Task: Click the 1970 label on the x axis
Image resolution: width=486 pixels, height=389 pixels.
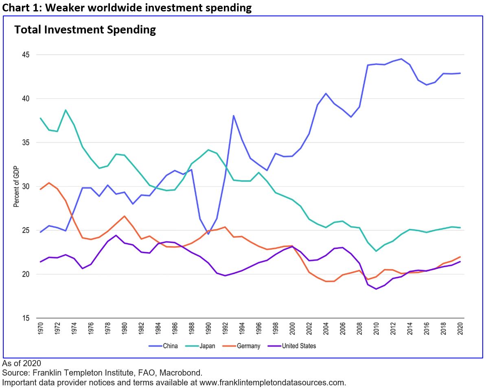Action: [x=40, y=327]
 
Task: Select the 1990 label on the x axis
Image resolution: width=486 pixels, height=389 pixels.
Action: [x=208, y=327]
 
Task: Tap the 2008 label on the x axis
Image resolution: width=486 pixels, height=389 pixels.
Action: [x=359, y=327]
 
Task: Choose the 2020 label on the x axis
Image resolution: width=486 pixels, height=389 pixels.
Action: [x=460, y=327]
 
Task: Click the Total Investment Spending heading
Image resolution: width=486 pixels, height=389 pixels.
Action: [x=85, y=30]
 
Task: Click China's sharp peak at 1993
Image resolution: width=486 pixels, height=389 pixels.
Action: [x=233, y=115]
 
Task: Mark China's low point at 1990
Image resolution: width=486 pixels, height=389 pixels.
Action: [x=208, y=234]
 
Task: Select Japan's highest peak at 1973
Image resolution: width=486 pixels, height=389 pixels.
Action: [x=66, y=110]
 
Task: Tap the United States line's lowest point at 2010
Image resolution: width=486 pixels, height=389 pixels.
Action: [x=376, y=289]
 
